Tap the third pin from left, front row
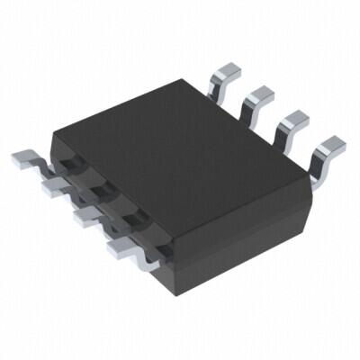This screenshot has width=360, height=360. click(x=87, y=216)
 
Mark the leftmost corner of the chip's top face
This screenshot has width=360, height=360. click(x=54, y=144)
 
